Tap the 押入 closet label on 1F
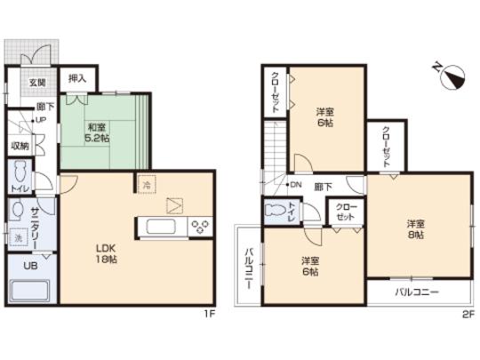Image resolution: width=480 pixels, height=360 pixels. click(x=77, y=79)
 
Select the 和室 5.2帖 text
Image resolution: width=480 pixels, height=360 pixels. click(x=97, y=132)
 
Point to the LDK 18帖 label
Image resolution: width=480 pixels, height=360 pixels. click(x=108, y=252)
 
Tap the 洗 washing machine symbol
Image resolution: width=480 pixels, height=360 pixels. click(x=19, y=238)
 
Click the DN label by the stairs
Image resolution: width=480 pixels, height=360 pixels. click(x=296, y=185)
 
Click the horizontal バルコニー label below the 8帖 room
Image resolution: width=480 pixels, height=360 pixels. click(x=417, y=292)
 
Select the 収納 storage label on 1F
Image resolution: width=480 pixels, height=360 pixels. click(x=20, y=145)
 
